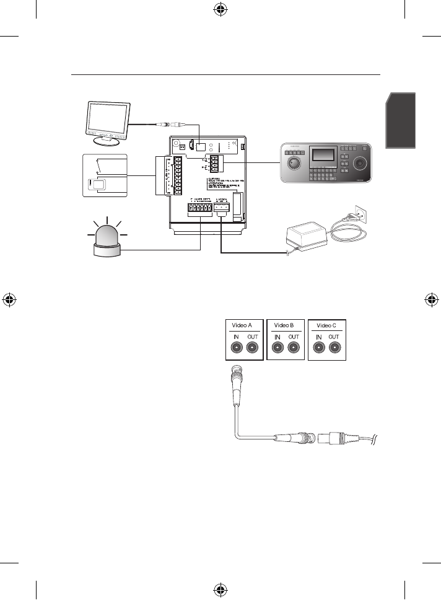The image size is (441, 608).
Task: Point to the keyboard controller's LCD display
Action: pos(324,155)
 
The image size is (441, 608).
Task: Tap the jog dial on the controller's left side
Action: pos(295,164)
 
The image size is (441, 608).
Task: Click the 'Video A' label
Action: pos(243,324)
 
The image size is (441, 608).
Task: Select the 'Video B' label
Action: pos(286,324)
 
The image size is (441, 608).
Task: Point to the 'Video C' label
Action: pos(326,324)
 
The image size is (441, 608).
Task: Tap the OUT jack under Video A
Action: pos(251,348)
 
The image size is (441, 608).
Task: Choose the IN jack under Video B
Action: pos(277,348)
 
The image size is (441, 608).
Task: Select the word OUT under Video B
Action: pos(294,337)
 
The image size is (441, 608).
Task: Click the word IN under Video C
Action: pos(318,337)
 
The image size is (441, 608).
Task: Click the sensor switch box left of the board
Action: pos(105,175)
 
